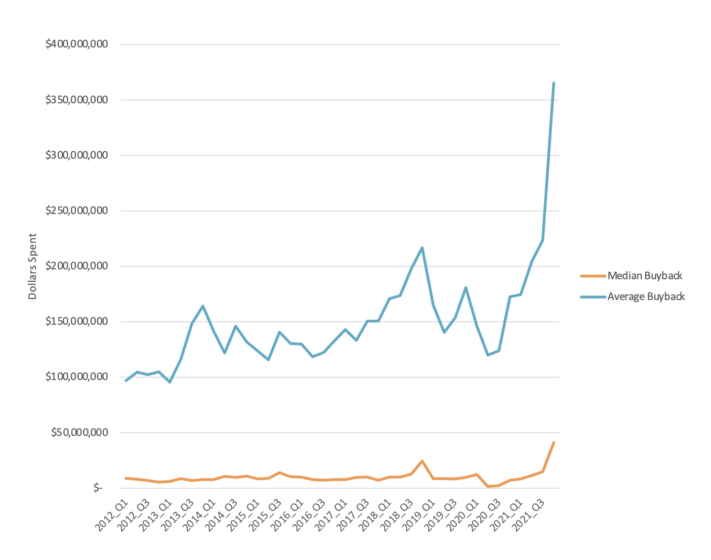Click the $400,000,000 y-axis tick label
coord(77,44)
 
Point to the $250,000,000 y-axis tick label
coord(77,211)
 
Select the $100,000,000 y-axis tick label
coord(77,377)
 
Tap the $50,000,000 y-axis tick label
coord(80,433)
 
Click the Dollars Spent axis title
coord(33,266)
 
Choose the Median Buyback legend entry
coord(645,276)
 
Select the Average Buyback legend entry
coord(646,297)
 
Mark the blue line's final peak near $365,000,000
coord(553,83)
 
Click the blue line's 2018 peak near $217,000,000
coord(422,248)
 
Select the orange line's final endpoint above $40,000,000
coord(553,442)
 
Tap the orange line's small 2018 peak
coord(422,461)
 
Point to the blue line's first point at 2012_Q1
coord(126,381)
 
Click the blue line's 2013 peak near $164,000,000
coord(203,306)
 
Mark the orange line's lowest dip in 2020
coord(488,487)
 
